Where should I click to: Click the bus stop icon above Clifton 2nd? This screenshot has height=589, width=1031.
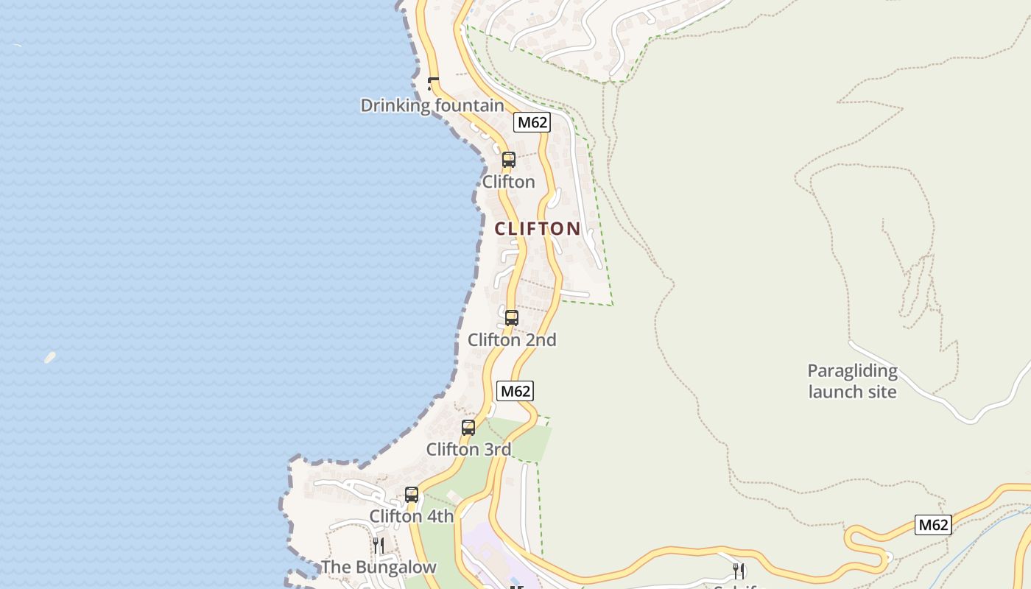coord(511,318)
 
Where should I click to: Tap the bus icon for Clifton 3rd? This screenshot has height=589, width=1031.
coord(468,427)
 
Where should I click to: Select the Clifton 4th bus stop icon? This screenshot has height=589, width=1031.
coord(412,495)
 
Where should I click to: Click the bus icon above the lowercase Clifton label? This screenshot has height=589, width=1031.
coord(508,159)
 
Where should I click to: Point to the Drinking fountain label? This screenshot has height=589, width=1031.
coord(432,105)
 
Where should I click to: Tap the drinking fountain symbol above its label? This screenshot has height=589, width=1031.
coord(434,84)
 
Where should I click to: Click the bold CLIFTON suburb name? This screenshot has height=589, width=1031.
coord(538,228)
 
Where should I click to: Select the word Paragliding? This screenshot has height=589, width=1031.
coord(852,370)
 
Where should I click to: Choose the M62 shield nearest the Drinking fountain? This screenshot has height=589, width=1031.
coord(532,122)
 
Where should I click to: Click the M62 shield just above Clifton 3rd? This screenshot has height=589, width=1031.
coord(515,391)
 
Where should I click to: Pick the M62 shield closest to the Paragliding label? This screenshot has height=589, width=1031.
coord(933,525)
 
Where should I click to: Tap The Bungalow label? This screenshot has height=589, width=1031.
coord(379,567)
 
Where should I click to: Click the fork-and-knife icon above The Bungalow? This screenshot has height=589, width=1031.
coord(379,545)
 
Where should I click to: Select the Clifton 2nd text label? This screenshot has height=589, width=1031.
coord(512,339)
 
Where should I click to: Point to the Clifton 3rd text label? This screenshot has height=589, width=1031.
coord(468,448)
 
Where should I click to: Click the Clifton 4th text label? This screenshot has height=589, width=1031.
coord(412,516)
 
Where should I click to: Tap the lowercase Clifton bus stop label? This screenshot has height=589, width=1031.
coord(508,181)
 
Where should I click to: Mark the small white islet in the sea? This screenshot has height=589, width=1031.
coord(49,358)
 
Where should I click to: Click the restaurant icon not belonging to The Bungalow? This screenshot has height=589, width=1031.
coord(739,571)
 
